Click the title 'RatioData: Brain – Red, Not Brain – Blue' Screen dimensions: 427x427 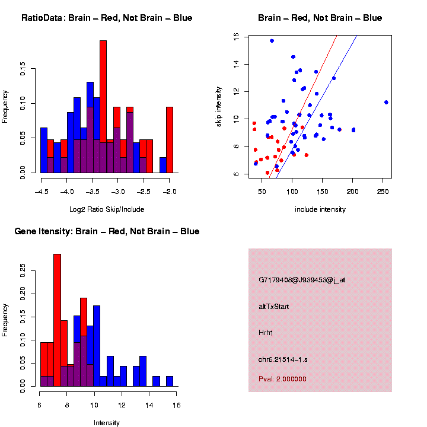coord(107,18)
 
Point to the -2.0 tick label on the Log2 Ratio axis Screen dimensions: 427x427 coord(170,192)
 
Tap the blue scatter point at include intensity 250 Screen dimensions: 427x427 coord(386,102)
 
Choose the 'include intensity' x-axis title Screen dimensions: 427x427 coord(320,209)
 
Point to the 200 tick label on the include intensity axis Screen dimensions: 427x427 coord(353,192)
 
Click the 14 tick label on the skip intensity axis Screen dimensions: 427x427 coord(236,64)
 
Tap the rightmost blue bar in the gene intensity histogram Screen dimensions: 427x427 coord(170,381)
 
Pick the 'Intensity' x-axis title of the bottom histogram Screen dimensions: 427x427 coord(107,422)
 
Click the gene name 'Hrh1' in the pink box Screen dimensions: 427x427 coord(266,333)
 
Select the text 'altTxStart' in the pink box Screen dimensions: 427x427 coord(274,307)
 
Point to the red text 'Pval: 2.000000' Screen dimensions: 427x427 coord(282,378)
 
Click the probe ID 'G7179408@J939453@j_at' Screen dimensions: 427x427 coord(302,280)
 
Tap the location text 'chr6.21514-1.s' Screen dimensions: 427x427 coord(283,359)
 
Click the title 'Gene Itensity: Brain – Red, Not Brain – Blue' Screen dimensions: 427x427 coord(107,231)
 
